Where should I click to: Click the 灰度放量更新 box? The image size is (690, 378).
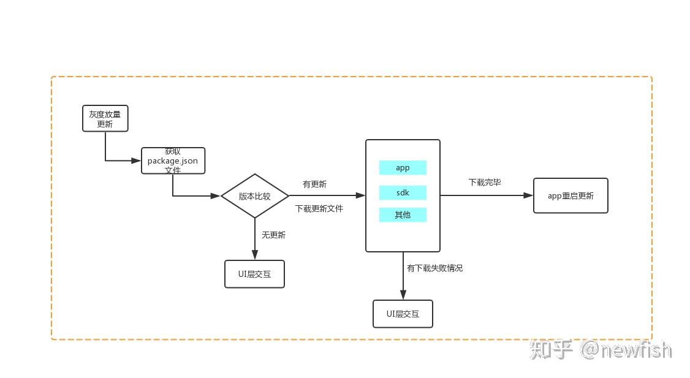pyautogui.click(x=105, y=118)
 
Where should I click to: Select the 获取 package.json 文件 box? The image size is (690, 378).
pyautogui.click(x=173, y=161)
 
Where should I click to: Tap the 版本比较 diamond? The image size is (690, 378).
pyautogui.click(x=254, y=196)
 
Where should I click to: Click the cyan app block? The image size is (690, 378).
pyautogui.click(x=403, y=168)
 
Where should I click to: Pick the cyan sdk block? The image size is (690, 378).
pyautogui.click(x=403, y=193)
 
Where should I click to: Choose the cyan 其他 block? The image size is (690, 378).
pyautogui.click(x=403, y=215)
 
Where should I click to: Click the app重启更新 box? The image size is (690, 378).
pyautogui.click(x=571, y=196)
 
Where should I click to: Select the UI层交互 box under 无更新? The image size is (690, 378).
pyautogui.click(x=254, y=274)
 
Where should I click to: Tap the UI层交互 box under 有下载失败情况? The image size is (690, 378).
pyautogui.click(x=403, y=314)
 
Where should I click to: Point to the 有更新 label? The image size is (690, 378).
pyautogui.click(x=314, y=184)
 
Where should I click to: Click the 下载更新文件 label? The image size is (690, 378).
pyautogui.click(x=319, y=208)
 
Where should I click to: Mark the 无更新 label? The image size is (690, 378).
pyautogui.click(x=273, y=235)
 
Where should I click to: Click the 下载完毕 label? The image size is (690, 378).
pyautogui.click(x=485, y=183)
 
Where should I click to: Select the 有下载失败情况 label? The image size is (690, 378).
pyautogui.click(x=434, y=268)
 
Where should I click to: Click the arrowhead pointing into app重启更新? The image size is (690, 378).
pyautogui.click(x=528, y=195)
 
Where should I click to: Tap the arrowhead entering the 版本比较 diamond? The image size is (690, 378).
pyautogui.click(x=215, y=196)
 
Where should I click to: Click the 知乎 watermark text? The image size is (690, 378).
pyautogui.click(x=550, y=350)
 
